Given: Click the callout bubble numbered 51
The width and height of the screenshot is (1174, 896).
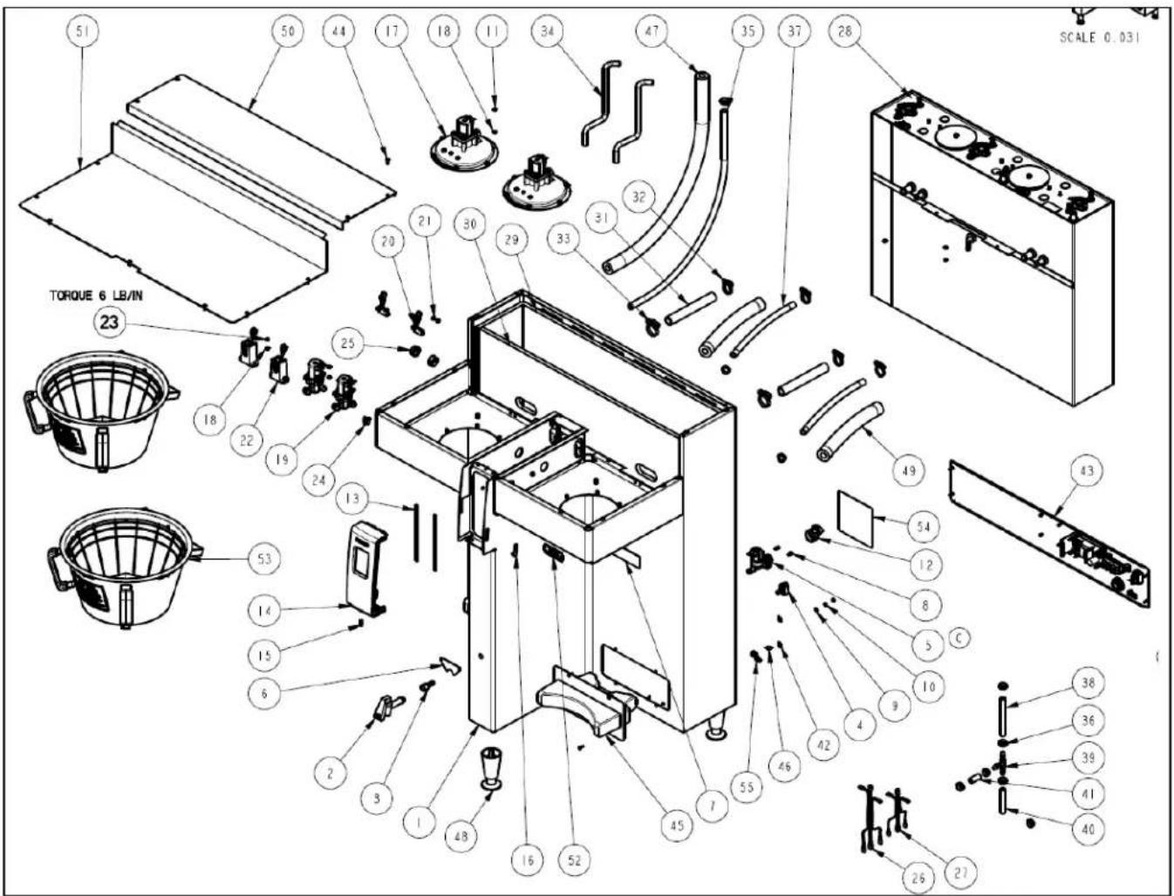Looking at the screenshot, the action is [79, 32].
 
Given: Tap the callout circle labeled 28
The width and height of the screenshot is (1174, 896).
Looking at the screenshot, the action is [844, 32].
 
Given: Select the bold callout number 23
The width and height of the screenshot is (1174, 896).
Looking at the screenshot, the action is [109, 322].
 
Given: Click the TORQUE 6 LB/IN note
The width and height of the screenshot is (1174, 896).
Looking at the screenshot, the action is [96, 295].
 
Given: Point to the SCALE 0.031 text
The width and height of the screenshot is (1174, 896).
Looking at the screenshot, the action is [1100, 38].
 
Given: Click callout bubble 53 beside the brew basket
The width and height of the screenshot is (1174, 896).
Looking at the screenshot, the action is [265, 559].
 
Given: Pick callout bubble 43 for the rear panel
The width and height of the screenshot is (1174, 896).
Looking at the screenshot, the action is [1087, 471].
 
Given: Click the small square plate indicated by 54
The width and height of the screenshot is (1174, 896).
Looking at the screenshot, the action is [855, 519].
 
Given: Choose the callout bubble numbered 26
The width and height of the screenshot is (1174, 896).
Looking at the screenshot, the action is [918, 878].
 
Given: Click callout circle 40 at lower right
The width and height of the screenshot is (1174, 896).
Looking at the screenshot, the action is [1089, 829].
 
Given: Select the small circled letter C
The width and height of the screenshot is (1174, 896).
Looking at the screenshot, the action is [960, 637].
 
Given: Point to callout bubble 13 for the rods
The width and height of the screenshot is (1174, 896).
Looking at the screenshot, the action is [352, 499].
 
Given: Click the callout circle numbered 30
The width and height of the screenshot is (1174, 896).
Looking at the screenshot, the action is [469, 224].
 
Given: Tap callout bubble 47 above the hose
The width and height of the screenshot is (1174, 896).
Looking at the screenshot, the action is [652, 32].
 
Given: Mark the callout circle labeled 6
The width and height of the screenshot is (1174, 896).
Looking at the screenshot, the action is [263, 694].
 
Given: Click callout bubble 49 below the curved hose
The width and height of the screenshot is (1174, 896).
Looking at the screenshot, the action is [909, 471].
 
